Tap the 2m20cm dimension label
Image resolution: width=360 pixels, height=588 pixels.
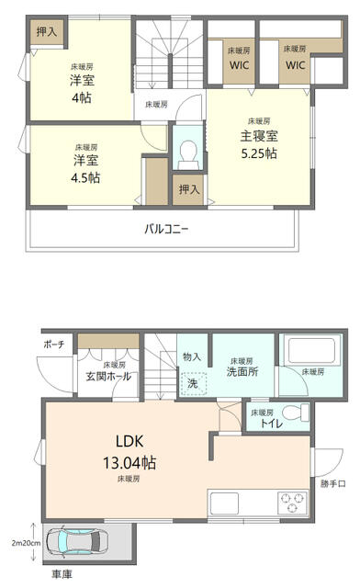[x=26, y=543]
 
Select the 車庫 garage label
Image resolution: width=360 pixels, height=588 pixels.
[x=62, y=573]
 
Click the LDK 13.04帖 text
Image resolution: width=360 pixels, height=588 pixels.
[x=129, y=452]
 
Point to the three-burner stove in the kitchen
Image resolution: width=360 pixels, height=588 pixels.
[x=292, y=503]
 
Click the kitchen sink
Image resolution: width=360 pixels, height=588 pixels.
[x=224, y=503]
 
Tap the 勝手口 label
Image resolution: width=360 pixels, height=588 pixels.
[x=333, y=484]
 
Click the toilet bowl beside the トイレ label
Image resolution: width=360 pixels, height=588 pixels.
[x=295, y=413]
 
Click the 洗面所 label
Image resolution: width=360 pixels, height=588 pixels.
[x=242, y=371]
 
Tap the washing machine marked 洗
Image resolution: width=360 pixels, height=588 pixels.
[x=193, y=384]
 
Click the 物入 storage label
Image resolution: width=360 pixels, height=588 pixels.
[x=192, y=356]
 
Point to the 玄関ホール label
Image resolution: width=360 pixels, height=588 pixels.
[x=108, y=376]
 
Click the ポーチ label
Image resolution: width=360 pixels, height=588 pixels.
[x=54, y=345]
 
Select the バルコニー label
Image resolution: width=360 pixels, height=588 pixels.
[x=166, y=229]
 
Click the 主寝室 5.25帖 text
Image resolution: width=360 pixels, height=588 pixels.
[x=259, y=144]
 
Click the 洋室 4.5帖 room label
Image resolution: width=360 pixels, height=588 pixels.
[x=86, y=169]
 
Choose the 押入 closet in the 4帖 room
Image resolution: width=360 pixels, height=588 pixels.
[x=47, y=31]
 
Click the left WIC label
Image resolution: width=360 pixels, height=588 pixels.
[x=240, y=65]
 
